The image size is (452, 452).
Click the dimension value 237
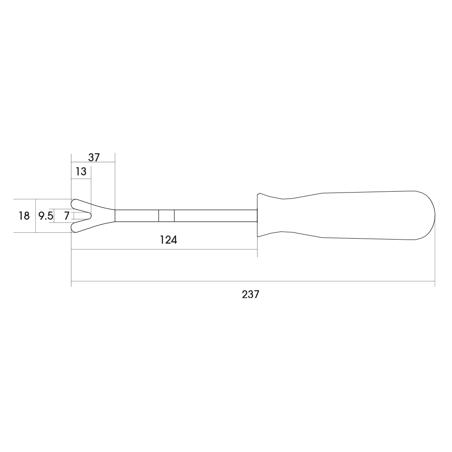[250, 294]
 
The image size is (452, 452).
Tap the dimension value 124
[168, 240]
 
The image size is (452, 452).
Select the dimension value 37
[94, 157]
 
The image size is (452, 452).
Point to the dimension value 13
[81, 171]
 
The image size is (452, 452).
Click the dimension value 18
[24, 216]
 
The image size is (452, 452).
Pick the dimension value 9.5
[46, 216]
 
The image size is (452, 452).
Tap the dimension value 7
[66, 216]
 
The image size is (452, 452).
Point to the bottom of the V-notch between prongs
[91, 216]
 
